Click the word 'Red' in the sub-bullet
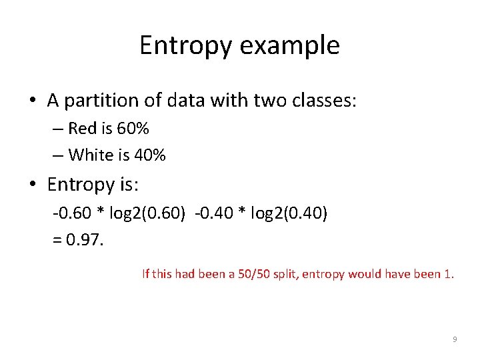coord(83,128)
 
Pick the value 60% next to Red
coord(132,128)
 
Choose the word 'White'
coord(91,155)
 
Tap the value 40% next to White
coord(149,155)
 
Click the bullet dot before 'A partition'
coord(32,101)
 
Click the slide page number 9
coord(455,340)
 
